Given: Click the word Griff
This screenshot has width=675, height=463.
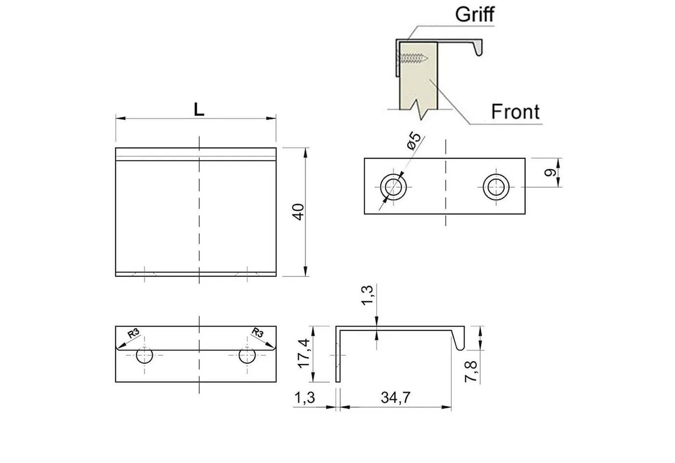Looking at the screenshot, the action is [474, 14].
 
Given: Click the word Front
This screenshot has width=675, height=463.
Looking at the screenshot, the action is [515, 111].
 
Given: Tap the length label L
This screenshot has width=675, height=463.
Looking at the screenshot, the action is [199, 109].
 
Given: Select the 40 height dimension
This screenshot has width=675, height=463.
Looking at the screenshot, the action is [298, 212].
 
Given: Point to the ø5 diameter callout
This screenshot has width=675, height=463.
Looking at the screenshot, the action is [414, 140].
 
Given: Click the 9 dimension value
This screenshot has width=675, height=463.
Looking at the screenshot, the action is [550, 173].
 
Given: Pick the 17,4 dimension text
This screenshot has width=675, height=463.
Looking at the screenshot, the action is [304, 353].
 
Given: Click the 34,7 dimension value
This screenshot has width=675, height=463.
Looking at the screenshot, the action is [395, 397].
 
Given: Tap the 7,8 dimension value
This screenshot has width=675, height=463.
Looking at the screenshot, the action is [471, 371].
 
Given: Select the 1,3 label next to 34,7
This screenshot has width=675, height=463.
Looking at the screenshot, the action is [305, 397].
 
